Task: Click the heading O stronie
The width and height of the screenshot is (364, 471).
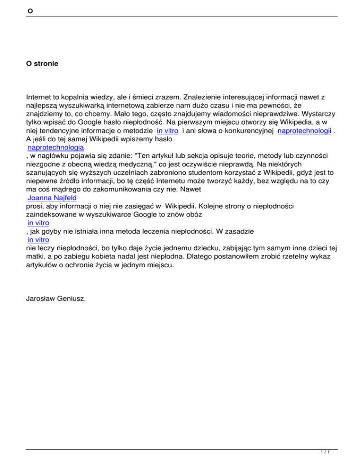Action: [x=42, y=63]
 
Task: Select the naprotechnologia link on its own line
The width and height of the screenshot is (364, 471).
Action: [x=55, y=147]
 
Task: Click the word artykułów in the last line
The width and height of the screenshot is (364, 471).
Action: [x=43, y=265]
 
